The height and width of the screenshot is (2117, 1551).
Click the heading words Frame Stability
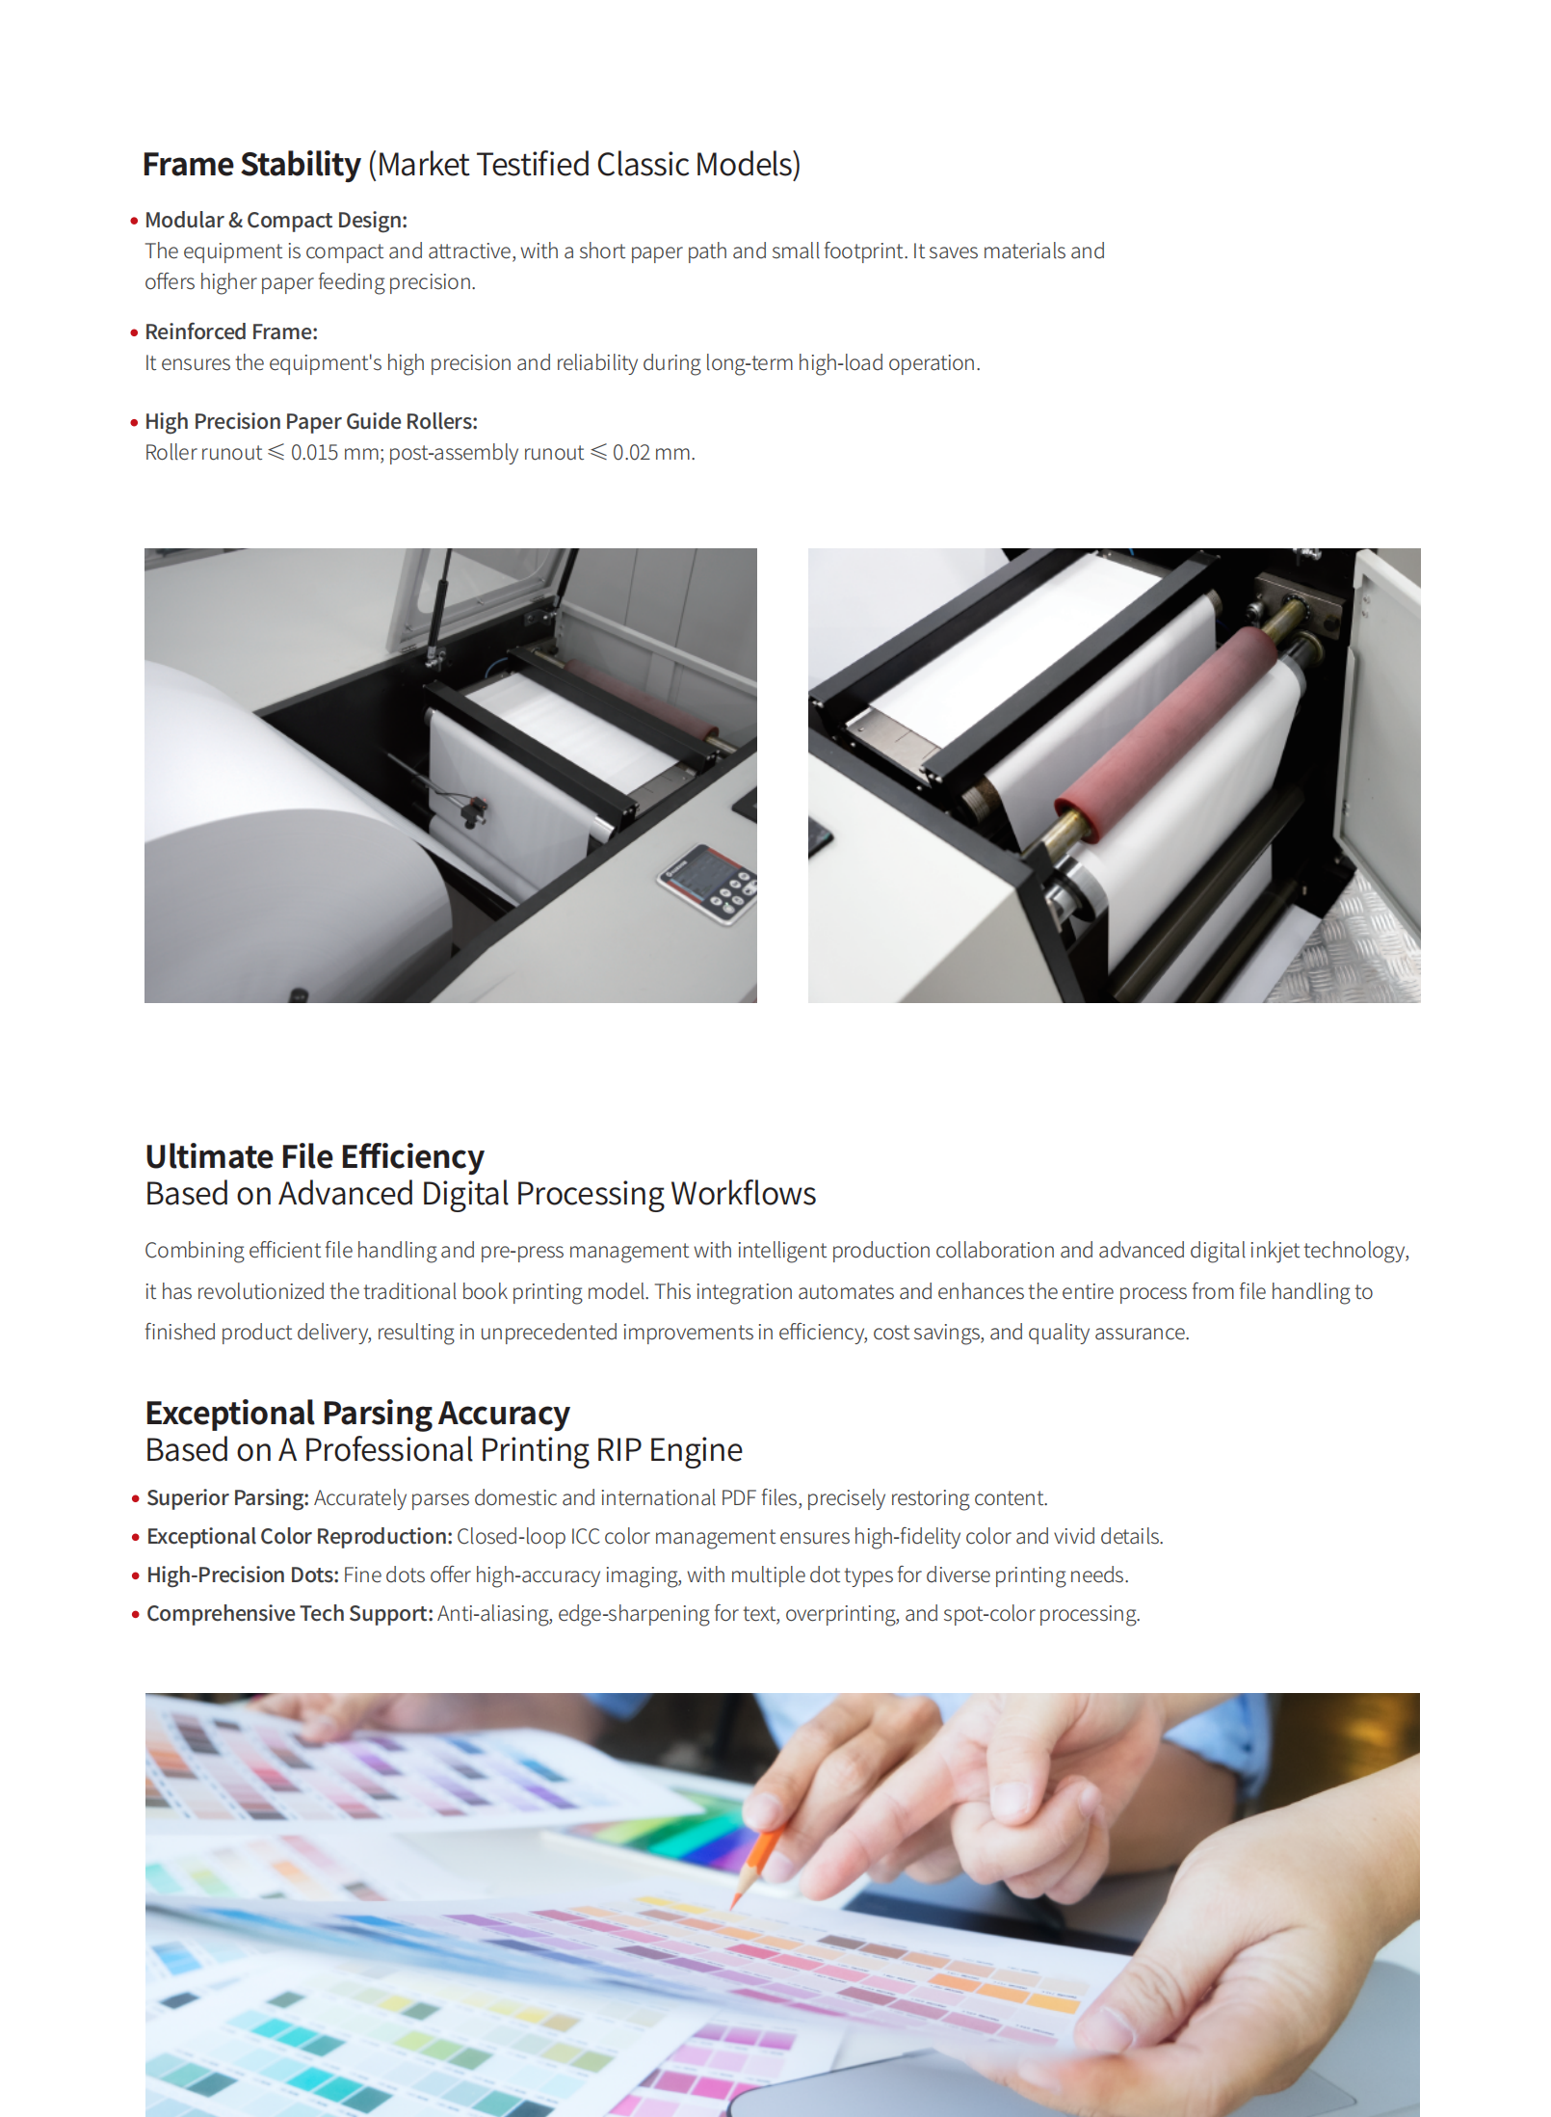click(x=251, y=165)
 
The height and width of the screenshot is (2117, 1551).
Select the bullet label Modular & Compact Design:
click(x=276, y=221)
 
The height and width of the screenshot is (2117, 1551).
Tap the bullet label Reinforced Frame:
click(x=231, y=332)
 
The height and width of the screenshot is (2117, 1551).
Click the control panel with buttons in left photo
click(x=708, y=884)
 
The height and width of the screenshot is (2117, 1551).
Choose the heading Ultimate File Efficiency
click(x=314, y=1156)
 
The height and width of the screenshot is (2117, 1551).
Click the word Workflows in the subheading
click(x=744, y=1194)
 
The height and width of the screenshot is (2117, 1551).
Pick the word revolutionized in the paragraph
click(x=260, y=1292)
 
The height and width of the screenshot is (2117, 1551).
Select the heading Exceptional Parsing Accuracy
click(x=357, y=1414)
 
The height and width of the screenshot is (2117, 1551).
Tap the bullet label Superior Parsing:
click(x=227, y=1498)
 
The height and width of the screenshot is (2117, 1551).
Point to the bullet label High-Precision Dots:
click(x=243, y=1575)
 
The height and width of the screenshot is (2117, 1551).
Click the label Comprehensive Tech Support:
click(x=290, y=1614)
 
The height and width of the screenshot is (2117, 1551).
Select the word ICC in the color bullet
click(x=585, y=1537)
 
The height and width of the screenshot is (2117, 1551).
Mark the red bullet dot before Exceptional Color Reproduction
click(x=136, y=1537)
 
